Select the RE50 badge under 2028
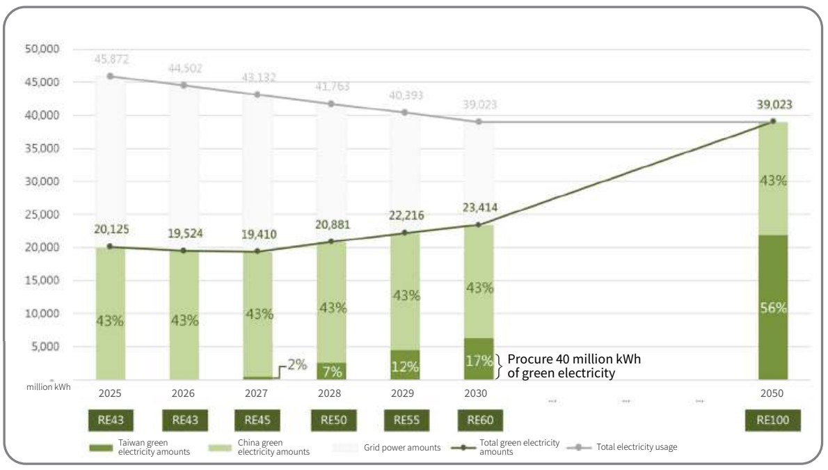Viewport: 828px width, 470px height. tap(332, 421)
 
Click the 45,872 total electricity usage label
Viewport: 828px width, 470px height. tap(111, 60)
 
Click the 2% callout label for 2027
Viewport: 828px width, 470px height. tap(297, 364)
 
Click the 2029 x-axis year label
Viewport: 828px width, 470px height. tap(404, 393)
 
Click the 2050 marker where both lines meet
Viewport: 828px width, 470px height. tap(772, 121)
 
